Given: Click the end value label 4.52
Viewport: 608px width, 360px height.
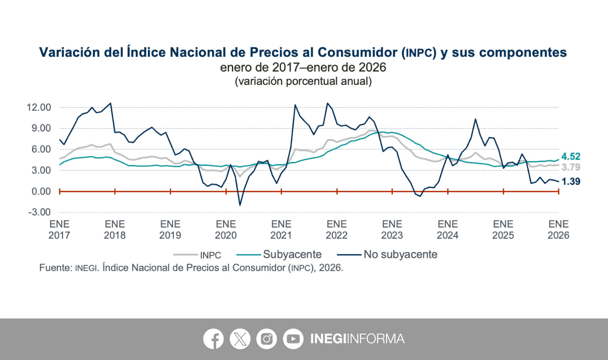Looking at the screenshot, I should click(570, 156).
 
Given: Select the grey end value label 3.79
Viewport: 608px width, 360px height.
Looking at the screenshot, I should click(570, 167).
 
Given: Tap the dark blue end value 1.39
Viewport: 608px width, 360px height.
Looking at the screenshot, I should click(570, 181).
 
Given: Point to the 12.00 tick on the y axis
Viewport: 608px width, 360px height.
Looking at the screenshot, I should click(39, 108).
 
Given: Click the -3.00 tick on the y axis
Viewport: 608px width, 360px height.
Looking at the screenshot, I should click(39, 212).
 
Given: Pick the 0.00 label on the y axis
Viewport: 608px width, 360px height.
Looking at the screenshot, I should click(41, 192).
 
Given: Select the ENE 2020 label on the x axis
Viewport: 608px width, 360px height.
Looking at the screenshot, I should click(226, 229).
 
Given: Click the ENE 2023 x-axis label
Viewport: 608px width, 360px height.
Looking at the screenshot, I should click(392, 229).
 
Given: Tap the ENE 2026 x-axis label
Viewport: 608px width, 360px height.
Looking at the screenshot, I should click(558, 229).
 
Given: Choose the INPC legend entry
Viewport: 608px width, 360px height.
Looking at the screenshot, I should click(210, 255).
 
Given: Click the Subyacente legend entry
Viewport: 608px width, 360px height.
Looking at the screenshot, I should click(292, 254).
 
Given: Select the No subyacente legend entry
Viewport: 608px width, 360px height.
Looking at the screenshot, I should click(400, 254).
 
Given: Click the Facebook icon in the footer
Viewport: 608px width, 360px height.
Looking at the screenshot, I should click(213, 339).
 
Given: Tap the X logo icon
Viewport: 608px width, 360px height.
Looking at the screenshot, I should click(240, 339).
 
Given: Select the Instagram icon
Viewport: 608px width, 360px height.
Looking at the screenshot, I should click(266, 339).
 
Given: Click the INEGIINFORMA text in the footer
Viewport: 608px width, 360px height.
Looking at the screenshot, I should click(357, 339).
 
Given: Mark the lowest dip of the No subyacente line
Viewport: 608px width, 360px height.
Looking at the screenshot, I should click(240, 205).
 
